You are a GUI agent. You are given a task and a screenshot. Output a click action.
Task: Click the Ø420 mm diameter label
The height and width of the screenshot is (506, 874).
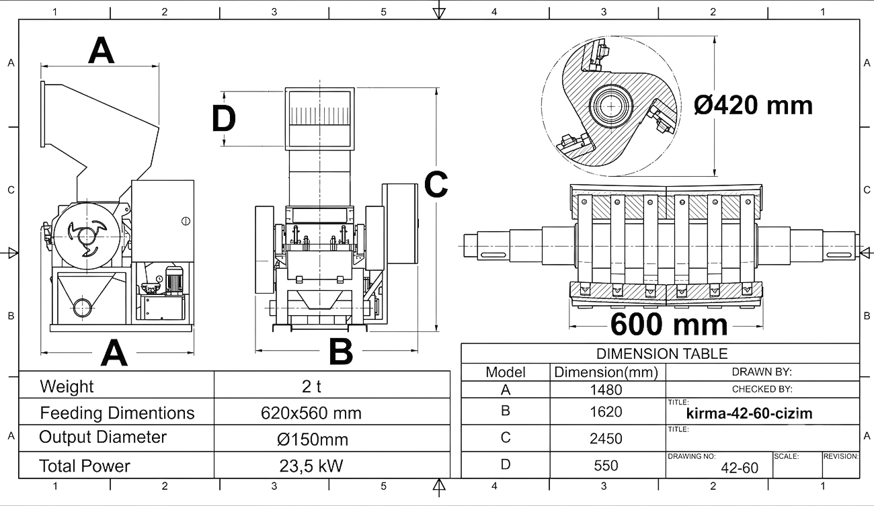point(753,106)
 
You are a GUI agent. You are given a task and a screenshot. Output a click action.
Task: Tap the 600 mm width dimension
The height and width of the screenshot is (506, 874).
point(669,325)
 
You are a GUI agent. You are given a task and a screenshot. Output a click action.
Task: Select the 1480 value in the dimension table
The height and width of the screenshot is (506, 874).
point(606,389)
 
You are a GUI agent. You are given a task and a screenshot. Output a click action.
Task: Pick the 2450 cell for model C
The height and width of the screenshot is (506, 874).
point(606,439)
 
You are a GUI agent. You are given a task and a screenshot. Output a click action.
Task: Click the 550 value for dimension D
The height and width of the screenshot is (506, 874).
point(606,466)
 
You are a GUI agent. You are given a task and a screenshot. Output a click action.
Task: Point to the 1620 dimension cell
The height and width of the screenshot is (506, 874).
point(606,412)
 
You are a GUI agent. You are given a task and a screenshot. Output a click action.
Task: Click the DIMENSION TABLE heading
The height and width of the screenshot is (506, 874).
point(662,354)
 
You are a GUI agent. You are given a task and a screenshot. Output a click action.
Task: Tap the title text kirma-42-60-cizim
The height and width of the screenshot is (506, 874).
point(749,413)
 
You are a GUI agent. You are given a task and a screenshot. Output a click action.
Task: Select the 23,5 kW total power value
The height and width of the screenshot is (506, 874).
point(311,466)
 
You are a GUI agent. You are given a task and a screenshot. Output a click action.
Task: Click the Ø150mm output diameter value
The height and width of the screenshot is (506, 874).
point(313,439)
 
